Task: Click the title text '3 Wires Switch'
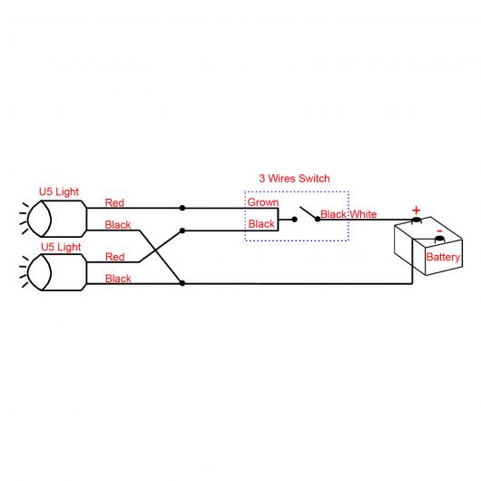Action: (x=294, y=178)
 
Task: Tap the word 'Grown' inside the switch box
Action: (x=263, y=202)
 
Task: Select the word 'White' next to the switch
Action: (x=363, y=214)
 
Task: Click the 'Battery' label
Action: (x=443, y=257)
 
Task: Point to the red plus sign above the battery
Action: (x=416, y=211)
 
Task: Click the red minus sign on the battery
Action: (x=439, y=231)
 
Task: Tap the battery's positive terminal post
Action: (x=417, y=220)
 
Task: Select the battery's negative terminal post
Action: (x=439, y=239)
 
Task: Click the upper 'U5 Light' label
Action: (x=59, y=191)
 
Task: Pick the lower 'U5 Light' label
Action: (x=61, y=247)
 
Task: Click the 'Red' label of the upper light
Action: (x=114, y=202)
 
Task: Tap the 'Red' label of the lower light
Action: (x=115, y=257)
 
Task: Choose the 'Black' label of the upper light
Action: (x=118, y=225)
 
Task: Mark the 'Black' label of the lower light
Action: (x=118, y=279)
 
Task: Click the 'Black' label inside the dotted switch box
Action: (x=261, y=224)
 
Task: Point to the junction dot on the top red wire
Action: (x=182, y=208)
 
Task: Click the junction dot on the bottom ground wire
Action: (x=182, y=283)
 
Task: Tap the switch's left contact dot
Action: (x=294, y=220)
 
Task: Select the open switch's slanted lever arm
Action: (x=309, y=213)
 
